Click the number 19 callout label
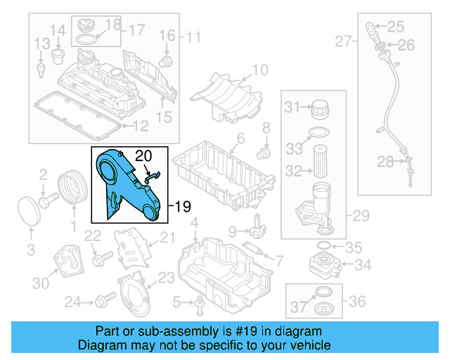tap(183, 207)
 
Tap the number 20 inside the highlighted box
tap(143, 155)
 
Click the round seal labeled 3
tap(29, 212)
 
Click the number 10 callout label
tap(259, 70)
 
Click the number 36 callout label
tap(358, 301)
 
